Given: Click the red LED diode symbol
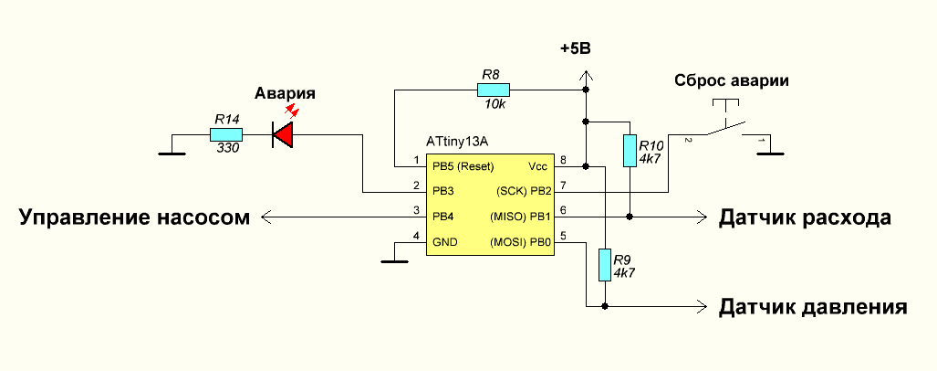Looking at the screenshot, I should point(283,135).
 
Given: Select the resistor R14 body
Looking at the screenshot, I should point(225,134).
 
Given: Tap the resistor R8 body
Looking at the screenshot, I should point(493,90).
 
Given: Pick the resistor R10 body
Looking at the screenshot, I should point(630,151).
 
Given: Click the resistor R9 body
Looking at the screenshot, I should point(604,265).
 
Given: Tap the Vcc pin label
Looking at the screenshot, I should point(537,166).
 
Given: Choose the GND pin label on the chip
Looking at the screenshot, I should point(444,242).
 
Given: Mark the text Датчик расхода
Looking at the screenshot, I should point(805,217).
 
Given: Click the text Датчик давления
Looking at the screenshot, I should point(813,306).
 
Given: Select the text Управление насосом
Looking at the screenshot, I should point(134,217).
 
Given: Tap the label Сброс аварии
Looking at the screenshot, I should point(731,80).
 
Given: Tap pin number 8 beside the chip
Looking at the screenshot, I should point(564,162).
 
